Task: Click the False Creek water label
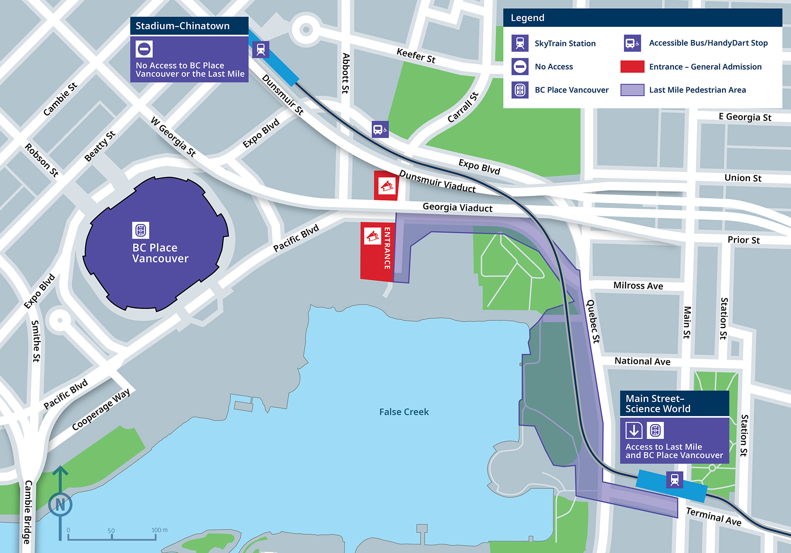pos(404,412)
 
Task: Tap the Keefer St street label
pos(416,55)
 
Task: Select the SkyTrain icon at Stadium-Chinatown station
pos(261,49)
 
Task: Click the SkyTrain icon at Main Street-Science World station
pos(674,480)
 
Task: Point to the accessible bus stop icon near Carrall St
pos(380,129)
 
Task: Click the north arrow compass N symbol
pos(60,504)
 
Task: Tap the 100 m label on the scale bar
pos(159,530)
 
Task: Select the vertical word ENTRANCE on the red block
pos(387,248)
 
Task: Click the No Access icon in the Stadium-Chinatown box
pos(144,49)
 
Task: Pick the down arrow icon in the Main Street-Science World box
pos(634,430)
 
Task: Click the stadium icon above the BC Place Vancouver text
pos(140,230)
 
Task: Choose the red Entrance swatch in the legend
pos(632,66)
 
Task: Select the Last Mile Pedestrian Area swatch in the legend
pos(632,90)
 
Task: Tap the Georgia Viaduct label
pos(457,207)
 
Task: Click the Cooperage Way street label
pos(101,409)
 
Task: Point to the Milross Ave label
pos(638,285)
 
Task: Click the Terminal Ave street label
pos(714,516)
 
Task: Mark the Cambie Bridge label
pos(28,512)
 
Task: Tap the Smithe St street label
pos(36,341)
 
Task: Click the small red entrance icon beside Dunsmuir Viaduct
pos(386,186)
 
